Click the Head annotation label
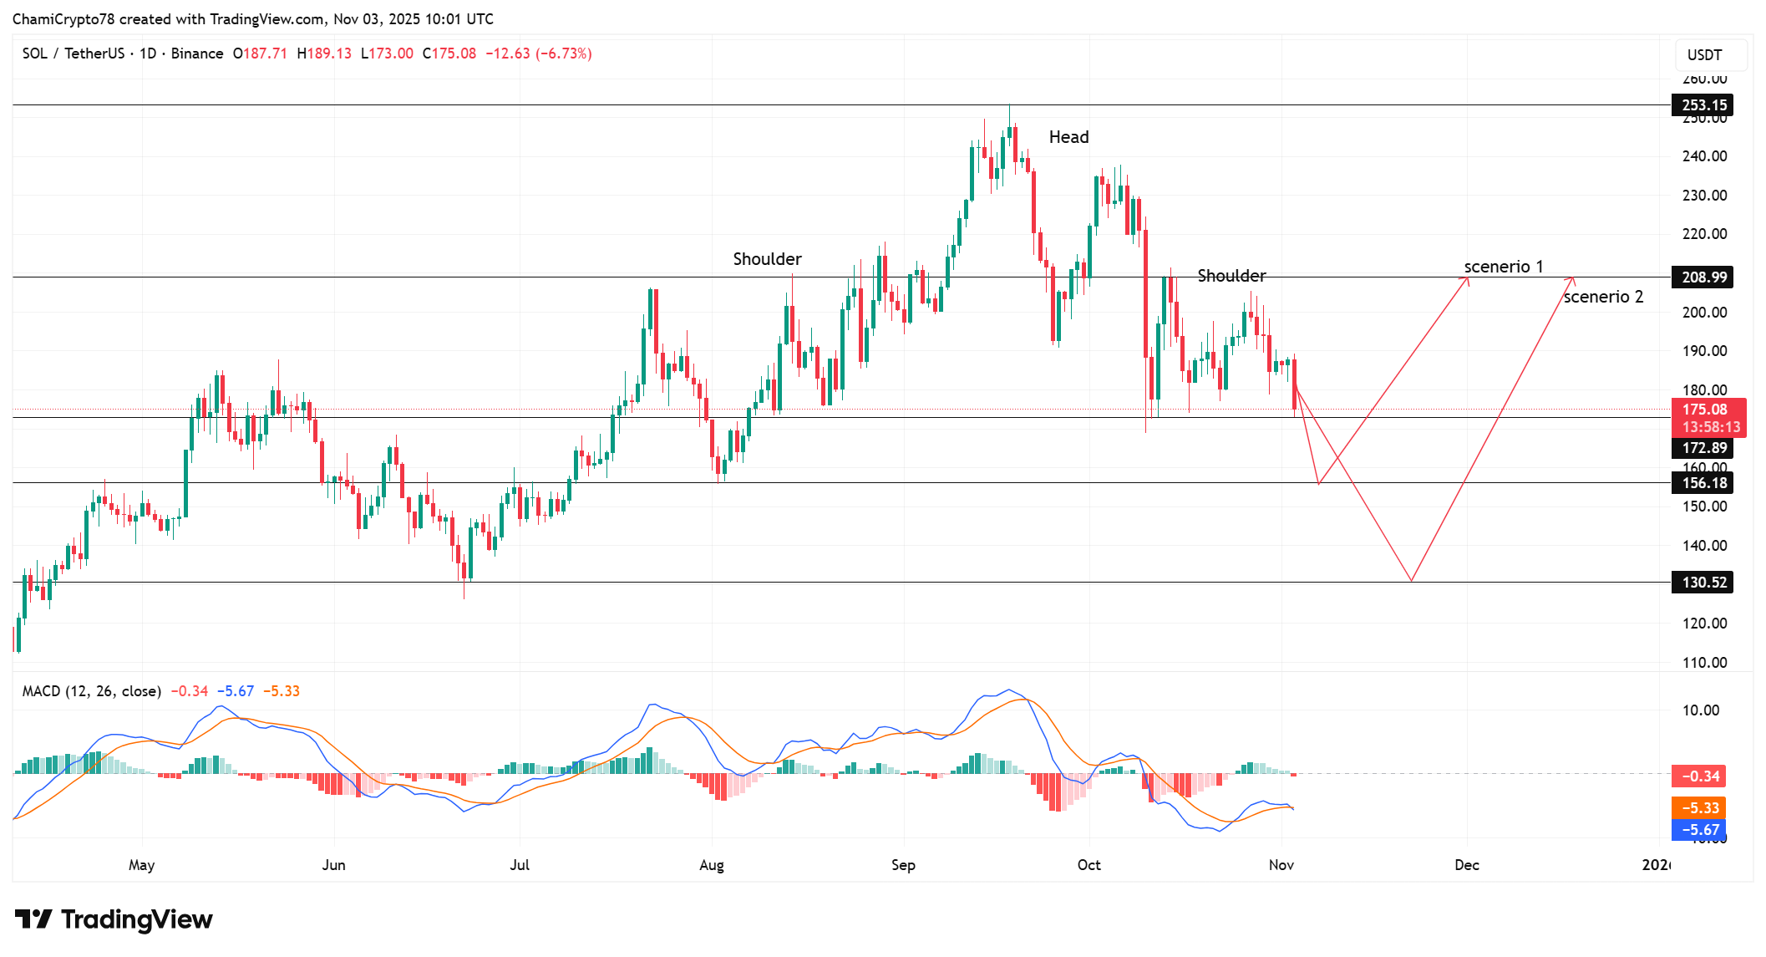[1068, 137]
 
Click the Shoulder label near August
[767, 259]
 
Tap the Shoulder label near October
[1231, 276]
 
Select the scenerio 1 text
[1503, 267]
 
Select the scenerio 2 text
[1602, 297]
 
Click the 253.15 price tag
[1703, 105]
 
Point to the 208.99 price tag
[1703, 277]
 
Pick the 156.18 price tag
[1703, 483]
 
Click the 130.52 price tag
[1703, 583]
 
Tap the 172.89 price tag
[1703, 448]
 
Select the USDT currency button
[1704, 55]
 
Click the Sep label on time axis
[903, 865]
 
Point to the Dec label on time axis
[1466, 865]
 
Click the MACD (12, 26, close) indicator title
[91, 691]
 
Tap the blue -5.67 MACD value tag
[1698, 830]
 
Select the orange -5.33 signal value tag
[1698, 808]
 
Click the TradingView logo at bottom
[114, 919]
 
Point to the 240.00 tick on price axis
[1704, 156]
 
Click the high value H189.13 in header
[324, 53]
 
